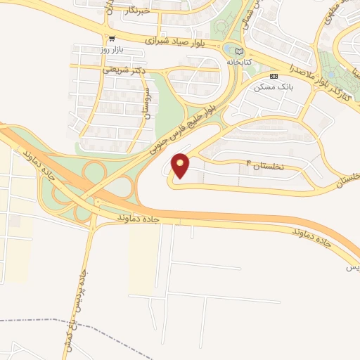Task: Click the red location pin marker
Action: point(181,165)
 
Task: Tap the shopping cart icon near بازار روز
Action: point(112,39)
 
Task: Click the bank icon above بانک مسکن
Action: point(274,76)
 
